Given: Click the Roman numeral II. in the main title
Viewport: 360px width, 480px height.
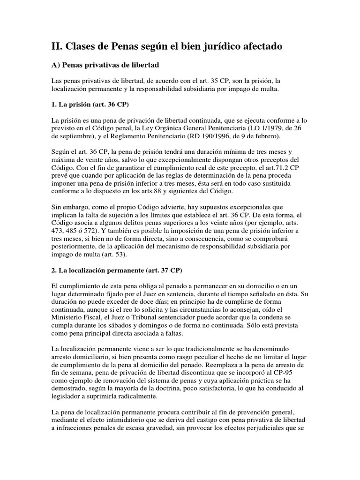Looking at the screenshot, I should [57, 46].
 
